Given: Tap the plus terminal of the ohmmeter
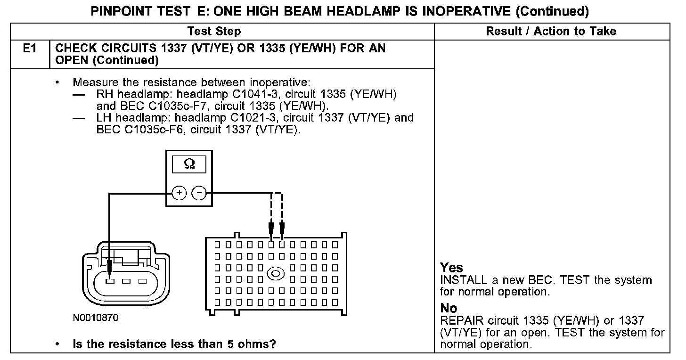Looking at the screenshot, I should (x=179, y=193).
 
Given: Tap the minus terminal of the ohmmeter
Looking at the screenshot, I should (x=199, y=193).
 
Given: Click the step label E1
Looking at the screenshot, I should (x=30, y=49).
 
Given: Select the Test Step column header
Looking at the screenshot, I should (x=214, y=32).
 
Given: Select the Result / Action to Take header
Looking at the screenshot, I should (x=551, y=32).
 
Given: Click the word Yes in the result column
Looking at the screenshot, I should (x=451, y=268).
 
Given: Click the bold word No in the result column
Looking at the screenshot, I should (x=449, y=308).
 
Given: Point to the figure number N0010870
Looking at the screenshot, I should (x=96, y=318).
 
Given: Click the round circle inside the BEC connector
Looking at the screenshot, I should (x=275, y=273).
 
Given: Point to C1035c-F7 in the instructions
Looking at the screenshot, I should (x=147, y=106).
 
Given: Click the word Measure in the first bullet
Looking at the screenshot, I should (x=93, y=82).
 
